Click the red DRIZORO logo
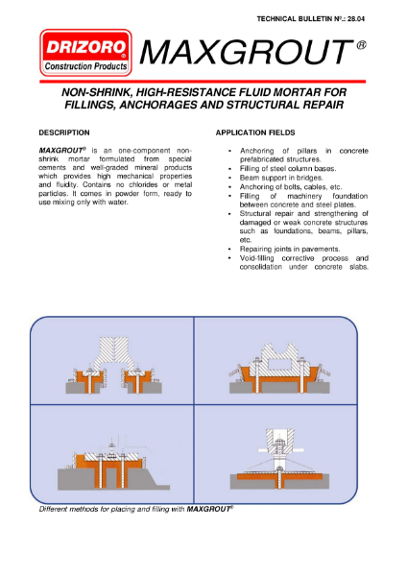[x=85, y=53]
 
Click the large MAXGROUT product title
[x=246, y=52]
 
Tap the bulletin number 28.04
[x=355, y=19]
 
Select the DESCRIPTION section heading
[x=64, y=132]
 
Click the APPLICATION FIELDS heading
[x=255, y=132]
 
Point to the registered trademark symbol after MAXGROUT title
[x=361, y=45]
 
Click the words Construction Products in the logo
[x=85, y=66]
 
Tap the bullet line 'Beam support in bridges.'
[x=281, y=178]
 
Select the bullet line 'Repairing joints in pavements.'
[x=290, y=249]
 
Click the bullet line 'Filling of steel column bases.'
[x=288, y=169]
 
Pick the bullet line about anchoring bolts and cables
[x=291, y=187]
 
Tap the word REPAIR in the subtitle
[x=323, y=105]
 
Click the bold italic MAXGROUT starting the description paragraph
[x=61, y=151]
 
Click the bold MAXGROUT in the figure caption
[x=208, y=509]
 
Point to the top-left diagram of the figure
[x=114, y=365]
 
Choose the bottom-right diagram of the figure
[x=279, y=459]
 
